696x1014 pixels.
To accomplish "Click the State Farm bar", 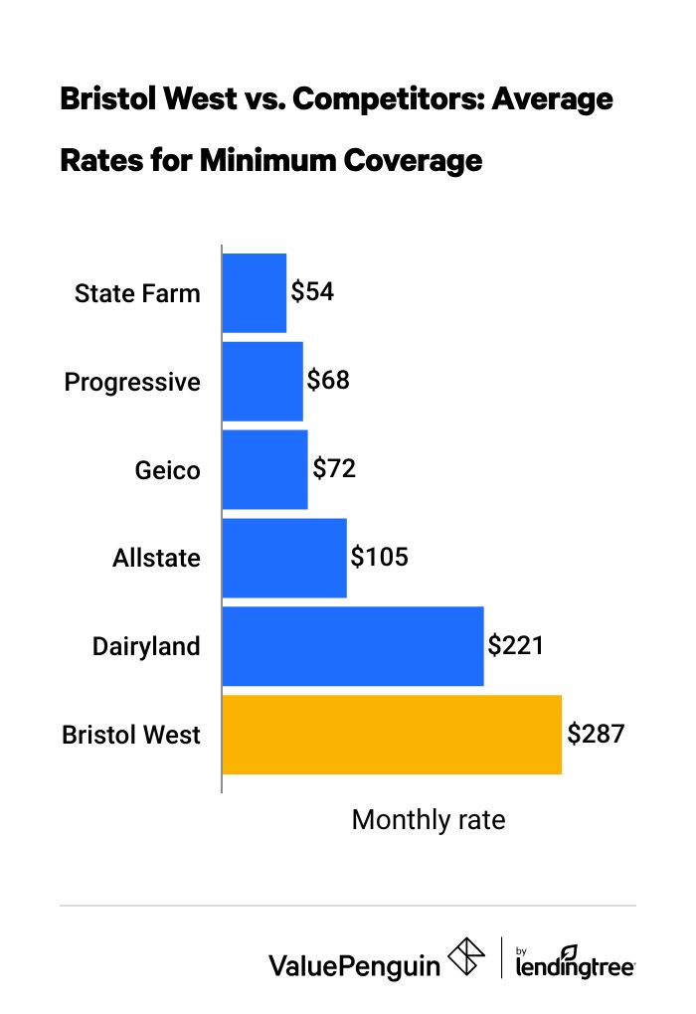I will (255, 293).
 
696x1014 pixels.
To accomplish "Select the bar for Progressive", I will (262, 382).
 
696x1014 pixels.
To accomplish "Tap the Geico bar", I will (264, 469).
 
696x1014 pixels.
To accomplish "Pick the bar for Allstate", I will (284, 558).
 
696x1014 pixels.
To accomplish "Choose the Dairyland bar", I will (353, 646).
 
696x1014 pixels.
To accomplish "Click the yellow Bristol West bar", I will (392, 735).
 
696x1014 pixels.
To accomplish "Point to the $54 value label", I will (312, 292).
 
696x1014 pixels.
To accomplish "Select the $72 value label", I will (334, 468).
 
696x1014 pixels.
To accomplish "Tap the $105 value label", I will (379, 557).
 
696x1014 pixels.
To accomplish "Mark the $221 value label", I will (515, 645).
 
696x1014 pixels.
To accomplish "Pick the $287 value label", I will (595, 734).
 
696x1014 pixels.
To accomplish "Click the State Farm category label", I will (137, 294).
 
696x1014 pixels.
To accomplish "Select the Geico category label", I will (167, 470).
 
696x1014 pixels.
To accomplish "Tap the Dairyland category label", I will (146, 647).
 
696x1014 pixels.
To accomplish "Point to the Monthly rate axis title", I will (429, 820).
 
